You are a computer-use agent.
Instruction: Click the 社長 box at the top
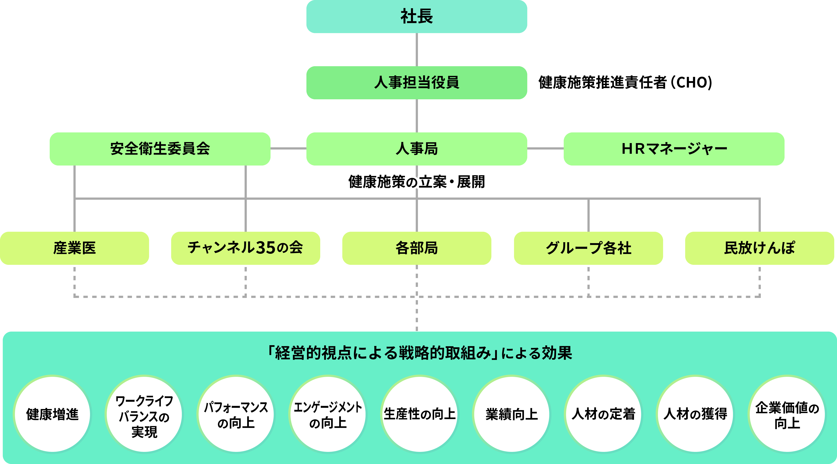point(416,17)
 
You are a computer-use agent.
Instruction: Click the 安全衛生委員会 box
point(160,149)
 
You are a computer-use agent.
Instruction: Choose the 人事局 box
point(416,149)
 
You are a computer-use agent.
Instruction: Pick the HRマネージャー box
point(674,149)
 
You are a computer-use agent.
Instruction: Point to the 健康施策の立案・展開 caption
point(416,182)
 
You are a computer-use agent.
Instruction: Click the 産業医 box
point(74,248)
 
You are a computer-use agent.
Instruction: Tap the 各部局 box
point(416,248)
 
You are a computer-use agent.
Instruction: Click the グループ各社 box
point(588,248)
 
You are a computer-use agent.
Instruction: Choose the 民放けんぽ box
point(759,248)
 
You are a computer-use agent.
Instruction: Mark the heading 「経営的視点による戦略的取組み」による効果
point(419,353)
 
